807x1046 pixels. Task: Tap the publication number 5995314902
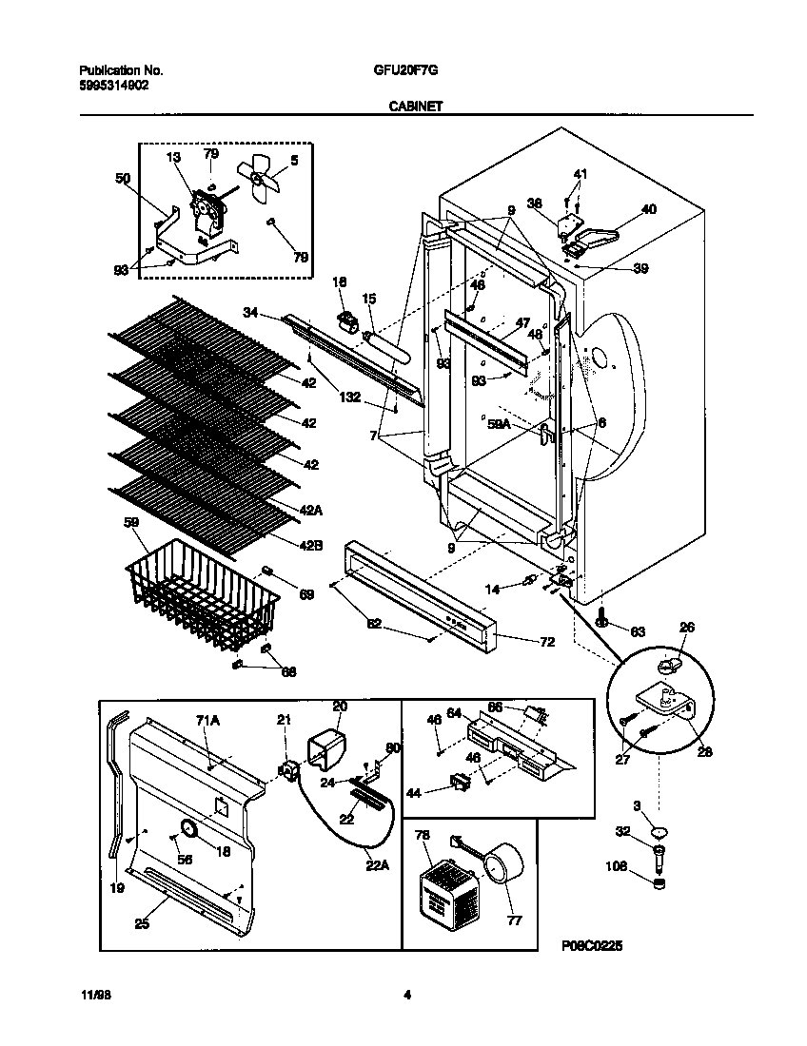112,85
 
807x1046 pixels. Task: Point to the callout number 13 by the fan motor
173,157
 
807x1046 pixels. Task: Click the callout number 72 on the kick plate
546,643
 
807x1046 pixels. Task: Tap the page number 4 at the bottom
407,996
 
